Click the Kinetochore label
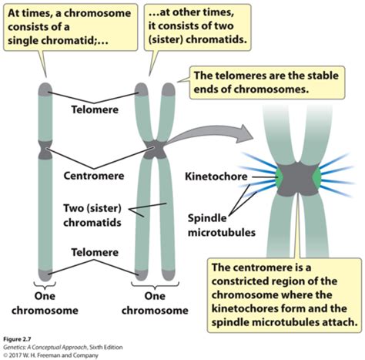click(216, 177)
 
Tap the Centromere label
click(94, 176)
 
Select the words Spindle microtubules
click(222, 225)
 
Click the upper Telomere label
click(95, 109)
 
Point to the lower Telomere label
click(95, 252)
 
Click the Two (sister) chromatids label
click(92, 215)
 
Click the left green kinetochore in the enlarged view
click(279, 177)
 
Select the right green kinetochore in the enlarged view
click(316, 177)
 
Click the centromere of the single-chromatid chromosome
click(45, 150)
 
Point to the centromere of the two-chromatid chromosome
click(155, 150)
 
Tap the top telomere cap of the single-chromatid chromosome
click(45, 89)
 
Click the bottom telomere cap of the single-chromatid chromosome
click(45, 275)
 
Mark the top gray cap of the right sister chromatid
click(169, 89)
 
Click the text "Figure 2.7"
click(17, 339)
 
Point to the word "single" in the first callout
click(23, 41)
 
